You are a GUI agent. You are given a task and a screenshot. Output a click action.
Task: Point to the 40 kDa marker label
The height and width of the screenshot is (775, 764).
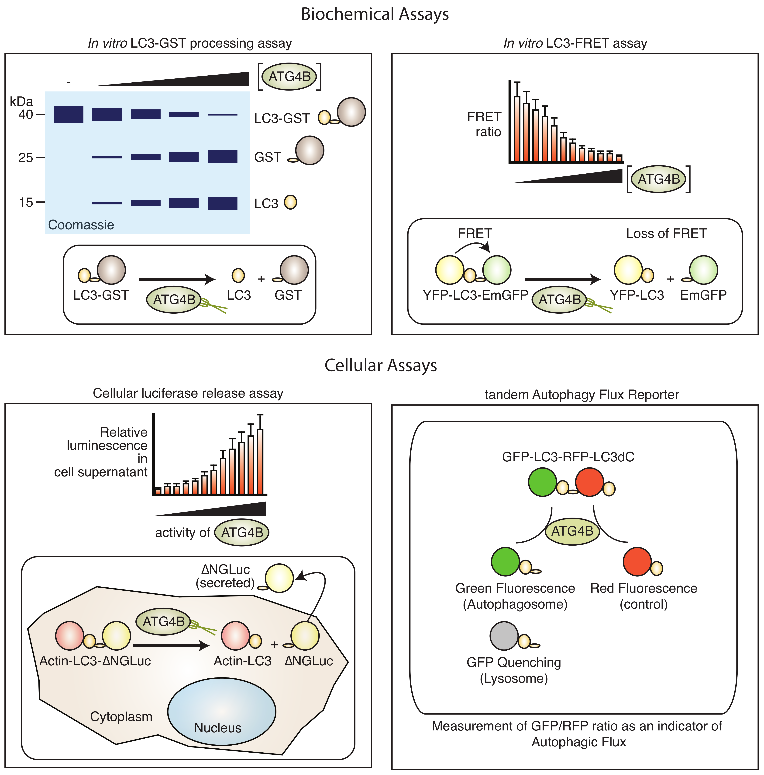(26, 115)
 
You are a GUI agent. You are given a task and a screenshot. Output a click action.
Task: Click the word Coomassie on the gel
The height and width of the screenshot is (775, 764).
(81, 225)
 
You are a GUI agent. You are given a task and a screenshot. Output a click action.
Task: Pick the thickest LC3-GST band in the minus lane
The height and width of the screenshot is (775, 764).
(69, 114)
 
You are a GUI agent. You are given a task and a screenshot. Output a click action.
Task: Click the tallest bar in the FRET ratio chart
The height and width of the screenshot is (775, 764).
(517, 128)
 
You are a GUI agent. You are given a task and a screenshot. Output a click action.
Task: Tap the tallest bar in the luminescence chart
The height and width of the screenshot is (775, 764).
(260, 461)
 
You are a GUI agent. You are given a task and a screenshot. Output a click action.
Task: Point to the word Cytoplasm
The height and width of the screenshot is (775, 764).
(121, 716)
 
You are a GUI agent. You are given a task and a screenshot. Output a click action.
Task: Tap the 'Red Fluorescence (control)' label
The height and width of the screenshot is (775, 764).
(643, 596)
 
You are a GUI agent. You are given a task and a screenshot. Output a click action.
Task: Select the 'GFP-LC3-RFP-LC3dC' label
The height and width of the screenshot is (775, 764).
(568, 457)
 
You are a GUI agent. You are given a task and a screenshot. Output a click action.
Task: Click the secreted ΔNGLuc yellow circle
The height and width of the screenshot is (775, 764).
(279, 578)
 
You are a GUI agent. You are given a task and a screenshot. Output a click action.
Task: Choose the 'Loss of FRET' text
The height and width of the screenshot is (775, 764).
(666, 233)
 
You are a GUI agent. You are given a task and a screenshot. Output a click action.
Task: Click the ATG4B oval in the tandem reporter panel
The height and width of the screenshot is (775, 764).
(572, 531)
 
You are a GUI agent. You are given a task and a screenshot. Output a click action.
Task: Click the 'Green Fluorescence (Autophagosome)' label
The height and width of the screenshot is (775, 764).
(515, 596)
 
